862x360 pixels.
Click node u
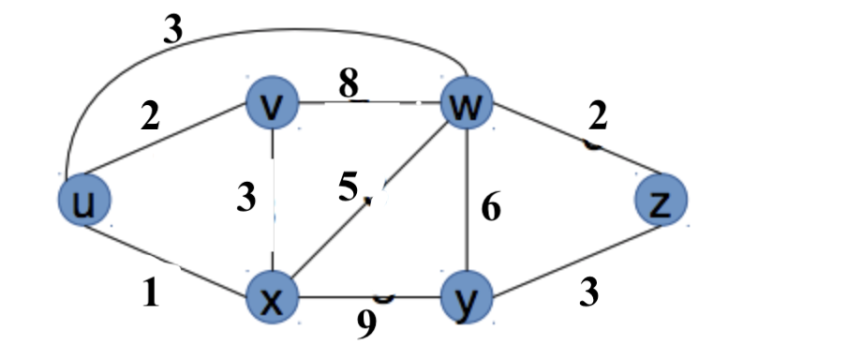tap(82, 201)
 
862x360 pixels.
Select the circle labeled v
tap(272, 105)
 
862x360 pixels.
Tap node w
tap(465, 105)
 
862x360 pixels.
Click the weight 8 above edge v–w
tap(349, 84)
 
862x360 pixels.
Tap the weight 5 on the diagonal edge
tap(349, 188)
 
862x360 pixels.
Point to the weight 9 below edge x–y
tap(368, 324)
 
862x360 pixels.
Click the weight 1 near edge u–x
tap(151, 294)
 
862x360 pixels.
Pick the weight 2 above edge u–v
tap(150, 117)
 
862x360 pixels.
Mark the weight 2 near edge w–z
tap(597, 117)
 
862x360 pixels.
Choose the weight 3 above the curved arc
tap(172, 31)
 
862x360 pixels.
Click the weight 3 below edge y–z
tap(588, 293)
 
